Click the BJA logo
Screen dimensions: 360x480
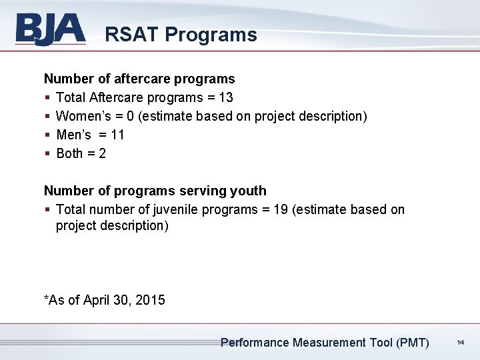pos(50,30)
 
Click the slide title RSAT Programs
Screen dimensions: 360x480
pos(181,35)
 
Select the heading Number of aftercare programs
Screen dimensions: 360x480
pos(139,79)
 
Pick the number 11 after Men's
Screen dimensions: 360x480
pos(117,135)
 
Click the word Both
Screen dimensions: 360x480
pos(69,153)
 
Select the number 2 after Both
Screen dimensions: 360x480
pos(102,153)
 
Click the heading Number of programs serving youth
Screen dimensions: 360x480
pos(155,191)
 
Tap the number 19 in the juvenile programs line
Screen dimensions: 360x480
pos(281,209)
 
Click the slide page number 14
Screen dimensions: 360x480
pos(460,343)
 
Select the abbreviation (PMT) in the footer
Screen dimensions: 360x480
pos(413,343)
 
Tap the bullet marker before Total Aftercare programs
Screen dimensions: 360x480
pos(47,98)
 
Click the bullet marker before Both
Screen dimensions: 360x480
pos(47,154)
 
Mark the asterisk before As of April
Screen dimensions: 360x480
pos(46,298)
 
